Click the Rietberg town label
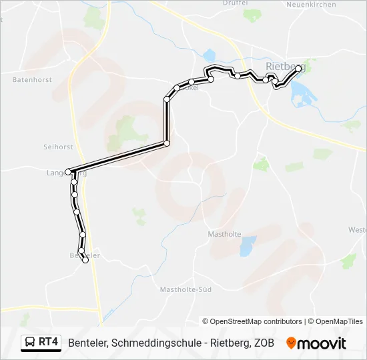coord(285,66)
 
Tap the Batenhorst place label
coord(32,79)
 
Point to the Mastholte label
coord(224,234)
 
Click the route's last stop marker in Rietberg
coord(298,68)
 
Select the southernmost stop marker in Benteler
coord(85,261)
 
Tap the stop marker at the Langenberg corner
coord(68,171)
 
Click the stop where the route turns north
coord(167,143)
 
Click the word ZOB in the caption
coord(264,343)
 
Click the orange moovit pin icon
coord(291,343)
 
